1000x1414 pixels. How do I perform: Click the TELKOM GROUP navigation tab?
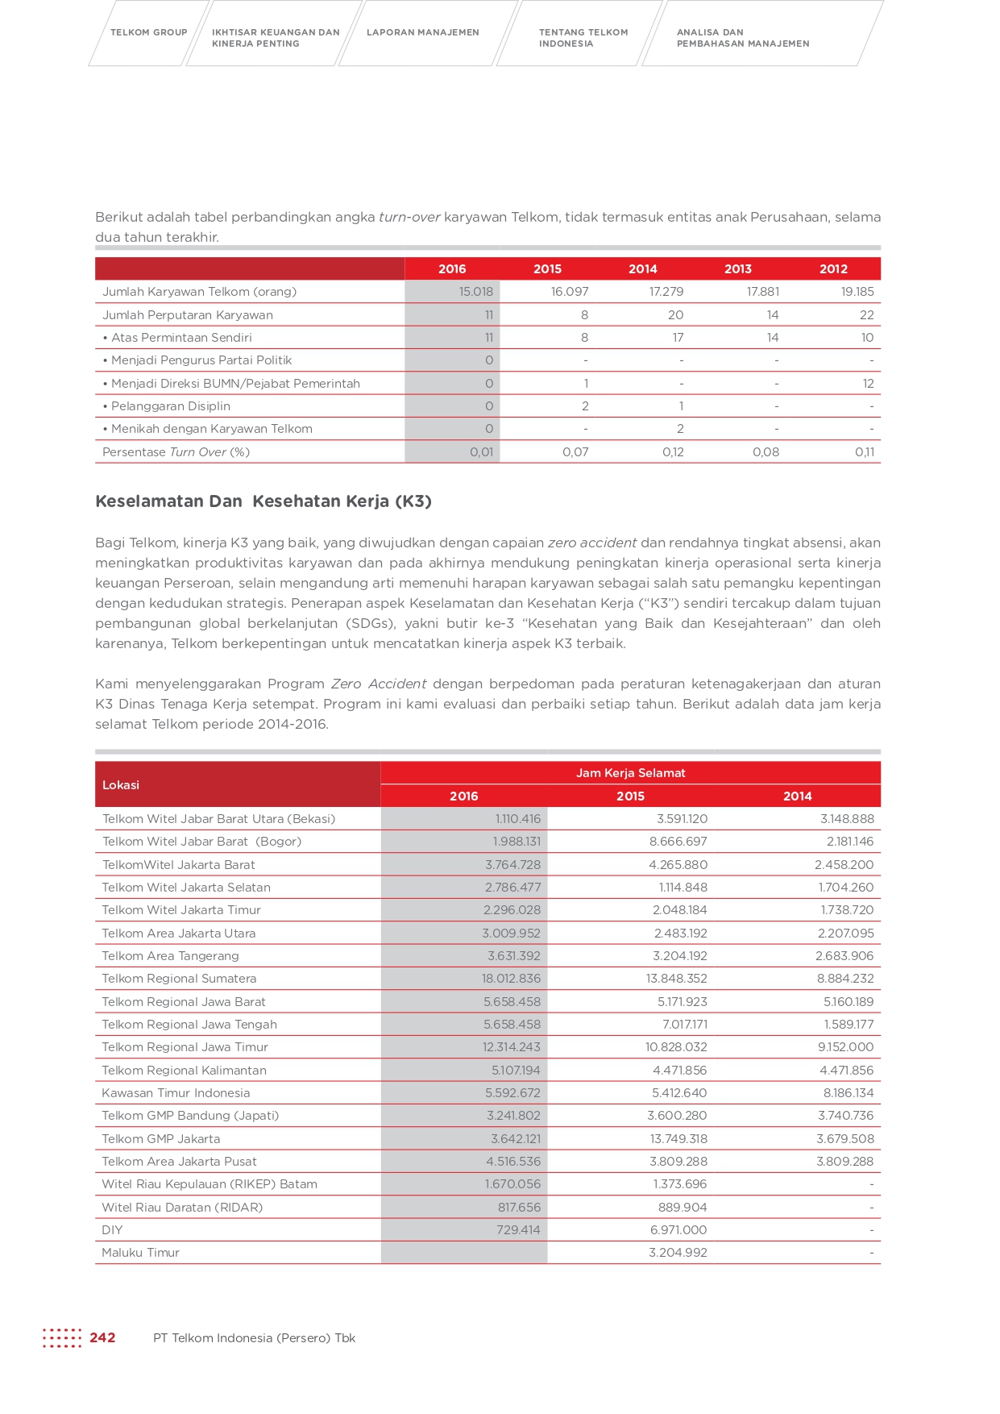tap(148, 32)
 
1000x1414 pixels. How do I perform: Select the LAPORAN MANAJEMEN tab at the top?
tap(422, 32)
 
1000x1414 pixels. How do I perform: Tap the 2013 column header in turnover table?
tap(737, 269)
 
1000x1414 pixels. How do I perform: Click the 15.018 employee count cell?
tap(475, 292)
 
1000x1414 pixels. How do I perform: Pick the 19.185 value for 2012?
tap(857, 292)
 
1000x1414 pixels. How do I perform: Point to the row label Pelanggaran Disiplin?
tap(170, 406)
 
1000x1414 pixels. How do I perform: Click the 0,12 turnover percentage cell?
tap(673, 452)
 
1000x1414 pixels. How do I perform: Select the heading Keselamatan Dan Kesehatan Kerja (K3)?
tap(263, 501)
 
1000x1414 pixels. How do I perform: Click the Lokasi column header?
tap(121, 785)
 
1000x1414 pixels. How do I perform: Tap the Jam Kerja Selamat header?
tap(630, 773)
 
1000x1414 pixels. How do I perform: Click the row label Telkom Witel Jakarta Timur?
tap(181, 910)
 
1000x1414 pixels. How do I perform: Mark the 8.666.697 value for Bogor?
tap(678, 842)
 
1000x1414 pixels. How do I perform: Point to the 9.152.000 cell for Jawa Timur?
tap(845, 1047)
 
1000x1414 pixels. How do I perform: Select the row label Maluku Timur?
tap(141, 1253)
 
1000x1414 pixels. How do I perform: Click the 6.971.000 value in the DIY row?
tap(678, 1230)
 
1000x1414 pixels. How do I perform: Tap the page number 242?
tap(102, 1338)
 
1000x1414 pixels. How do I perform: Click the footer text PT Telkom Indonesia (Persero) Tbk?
tap(254, 1338)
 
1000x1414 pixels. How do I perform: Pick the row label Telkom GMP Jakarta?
tap(161, 1139)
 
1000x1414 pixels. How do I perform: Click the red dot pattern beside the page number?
tap(62, 1338)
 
